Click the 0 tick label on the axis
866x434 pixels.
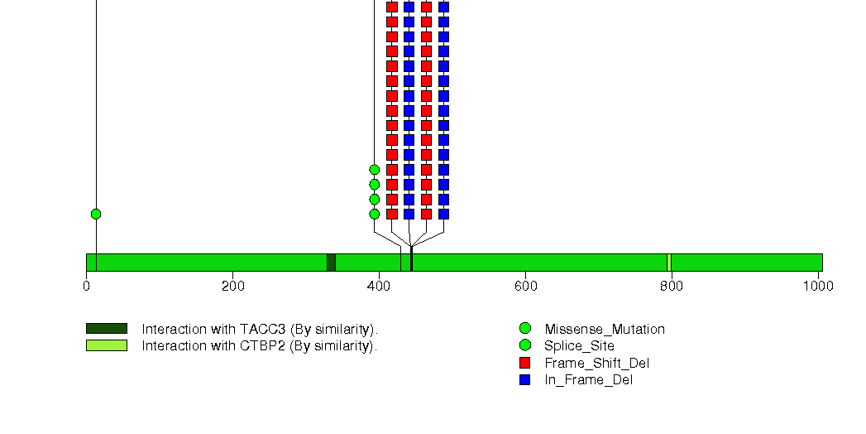[86, 286]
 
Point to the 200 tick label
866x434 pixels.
[232, 286]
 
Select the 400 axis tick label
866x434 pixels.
[379, 286]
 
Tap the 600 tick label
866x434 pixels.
[525, 286]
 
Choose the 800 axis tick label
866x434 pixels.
[672, 286]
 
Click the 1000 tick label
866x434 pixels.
[818, 286]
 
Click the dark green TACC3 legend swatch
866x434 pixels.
[107, 329]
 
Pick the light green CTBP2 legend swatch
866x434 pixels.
[107, 345]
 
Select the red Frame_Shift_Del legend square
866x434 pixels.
[524, 363]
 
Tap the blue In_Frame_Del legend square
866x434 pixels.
[524, 380]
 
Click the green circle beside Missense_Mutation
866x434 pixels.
[524, 329]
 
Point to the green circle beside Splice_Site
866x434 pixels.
[524, 345]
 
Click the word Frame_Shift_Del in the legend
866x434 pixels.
[596, 364]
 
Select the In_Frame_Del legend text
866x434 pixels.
[589, 380]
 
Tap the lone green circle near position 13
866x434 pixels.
[96, 214]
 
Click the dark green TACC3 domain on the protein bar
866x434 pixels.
[332, 263]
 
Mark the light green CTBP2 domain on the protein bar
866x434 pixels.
[669, 263]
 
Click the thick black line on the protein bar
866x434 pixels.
[411, 258]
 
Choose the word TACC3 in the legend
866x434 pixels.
[262, 329]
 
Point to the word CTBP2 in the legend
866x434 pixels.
[262, 345]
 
